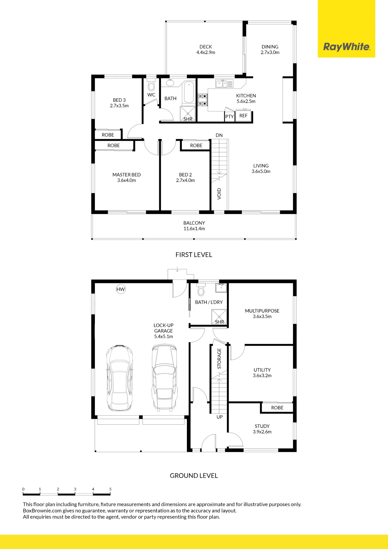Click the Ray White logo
[x=347, y=47]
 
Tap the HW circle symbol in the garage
[x=121, y=289]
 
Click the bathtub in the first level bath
[x=189, y=92]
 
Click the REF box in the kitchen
[x=243, y=115]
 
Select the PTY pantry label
[x=229, y=117]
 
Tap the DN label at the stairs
[x=219, y=135]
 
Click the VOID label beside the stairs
[x=219, y=194]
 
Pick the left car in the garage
[x=120, y=378]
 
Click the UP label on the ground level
[x=220, y=417]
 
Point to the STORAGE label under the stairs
[x=219, y=358]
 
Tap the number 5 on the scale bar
[x=110, y=489]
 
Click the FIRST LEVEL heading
[x=194, y=255]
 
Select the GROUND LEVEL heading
[x=194, y=476]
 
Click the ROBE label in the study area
[x=277, y=408]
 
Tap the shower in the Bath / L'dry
[x=219, y=317]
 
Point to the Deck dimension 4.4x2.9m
[x=206, y=52]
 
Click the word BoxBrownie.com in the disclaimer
[x=42, y=511]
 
